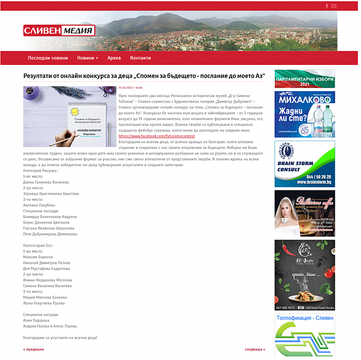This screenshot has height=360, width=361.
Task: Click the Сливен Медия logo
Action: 59,31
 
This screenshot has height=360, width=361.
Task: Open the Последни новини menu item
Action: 48,58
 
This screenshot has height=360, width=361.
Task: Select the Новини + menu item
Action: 88,58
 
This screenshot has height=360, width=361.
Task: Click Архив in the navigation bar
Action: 114,58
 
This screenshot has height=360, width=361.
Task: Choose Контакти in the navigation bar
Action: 140,58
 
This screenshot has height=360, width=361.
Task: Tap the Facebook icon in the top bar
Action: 327,6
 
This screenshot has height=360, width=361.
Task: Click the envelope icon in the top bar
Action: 334,6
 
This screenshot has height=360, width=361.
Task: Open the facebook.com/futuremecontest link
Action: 157,136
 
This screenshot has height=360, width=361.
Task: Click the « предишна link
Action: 33,349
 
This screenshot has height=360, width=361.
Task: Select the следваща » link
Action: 255,349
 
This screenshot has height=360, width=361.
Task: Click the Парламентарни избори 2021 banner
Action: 305,78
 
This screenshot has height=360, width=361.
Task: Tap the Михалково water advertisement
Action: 305,114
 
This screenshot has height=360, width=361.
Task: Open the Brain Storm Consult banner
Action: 305,164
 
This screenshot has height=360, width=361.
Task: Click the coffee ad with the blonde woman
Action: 305,213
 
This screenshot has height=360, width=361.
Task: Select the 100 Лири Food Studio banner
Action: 305,275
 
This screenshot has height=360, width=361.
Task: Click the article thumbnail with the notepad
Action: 69,116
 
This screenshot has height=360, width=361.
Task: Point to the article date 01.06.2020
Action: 130,88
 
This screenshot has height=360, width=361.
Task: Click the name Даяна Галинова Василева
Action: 46,182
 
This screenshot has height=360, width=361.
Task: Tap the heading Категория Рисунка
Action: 41,171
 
